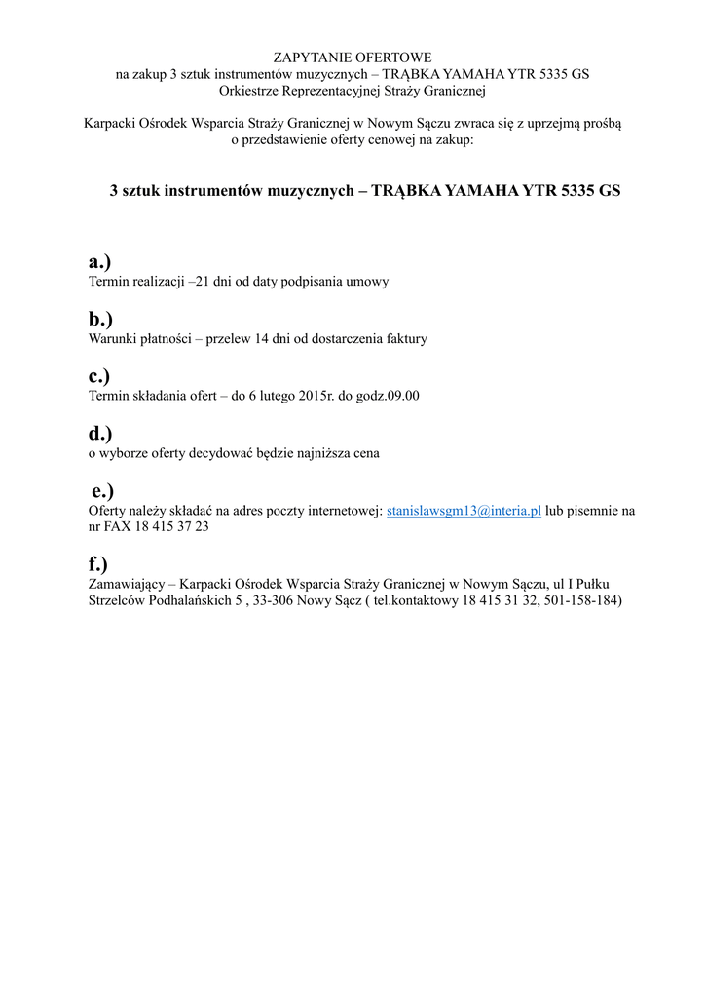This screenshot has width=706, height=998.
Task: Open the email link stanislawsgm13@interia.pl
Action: coord(464,511)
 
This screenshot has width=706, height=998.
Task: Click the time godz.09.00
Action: coord(388,397)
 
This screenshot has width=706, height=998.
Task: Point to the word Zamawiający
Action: coord(127,584)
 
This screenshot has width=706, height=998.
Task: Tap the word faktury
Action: coord(406,339)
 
